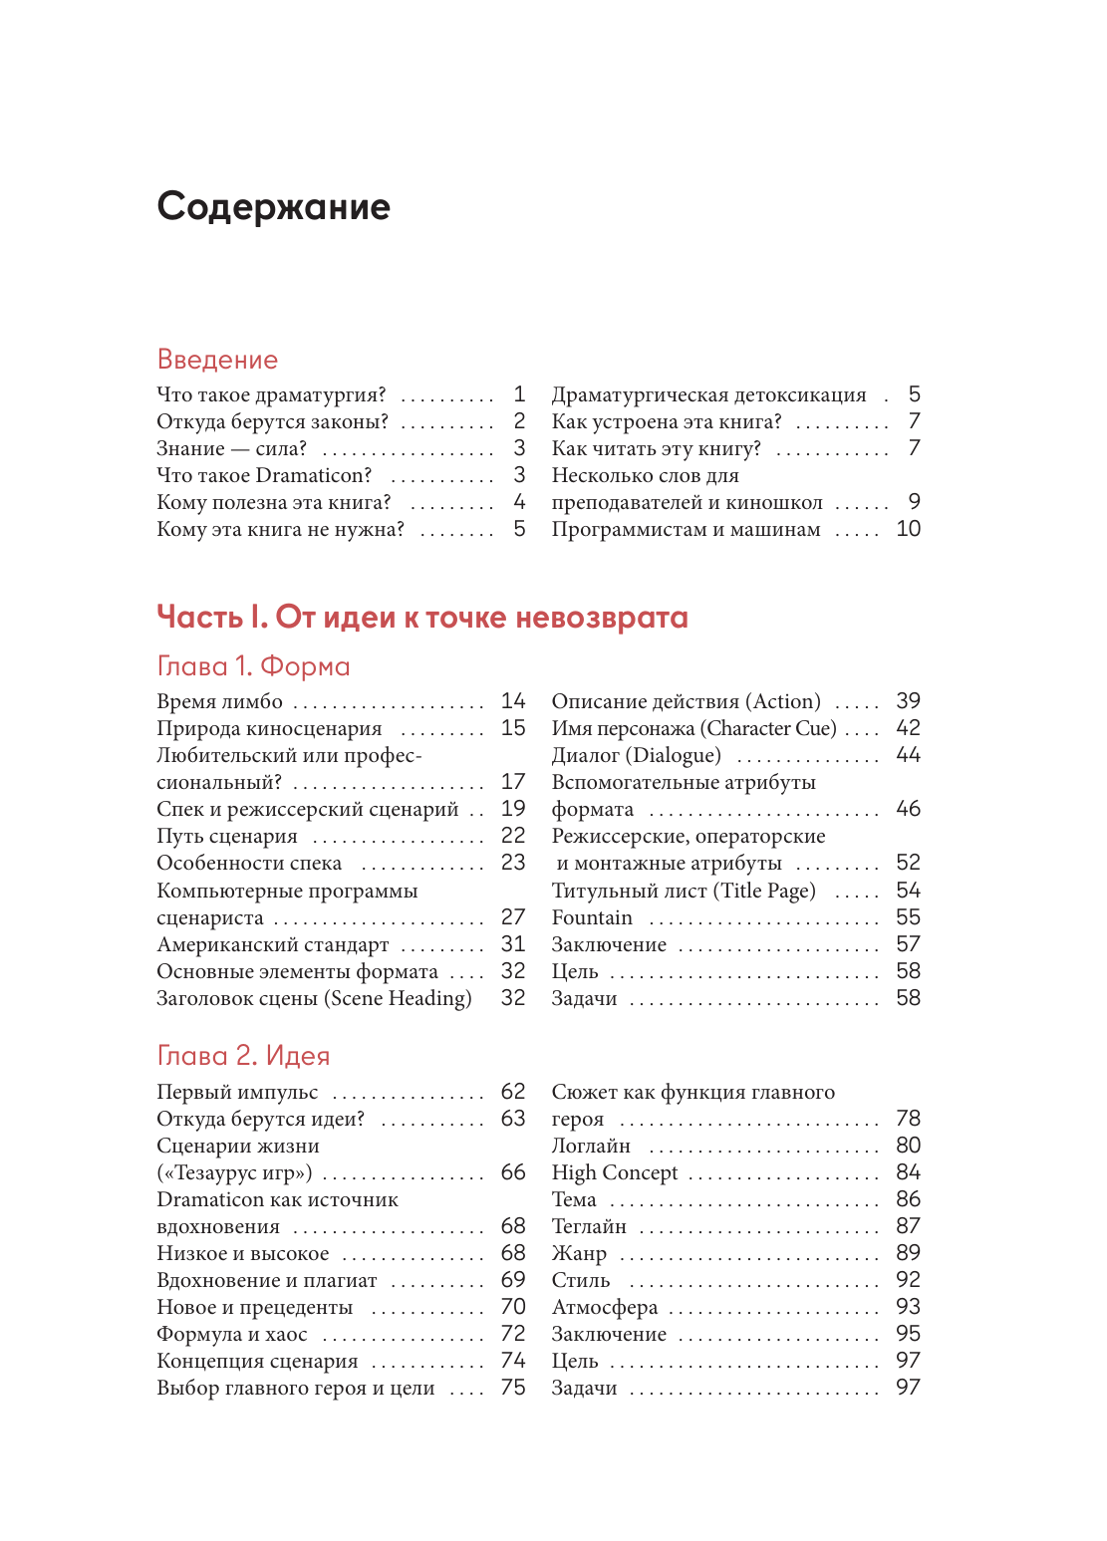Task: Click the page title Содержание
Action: click(x=273, y=207)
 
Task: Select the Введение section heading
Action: click(x=217, y=360)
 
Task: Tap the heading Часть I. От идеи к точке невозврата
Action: click(x=422, y=618)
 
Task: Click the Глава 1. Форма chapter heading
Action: click(x=253, y=666)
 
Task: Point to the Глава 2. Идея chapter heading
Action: click(x=243, y=1056)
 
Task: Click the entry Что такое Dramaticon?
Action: click(x=264, y=476)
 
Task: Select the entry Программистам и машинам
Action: click(x=686, y=530)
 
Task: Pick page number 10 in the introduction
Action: click(x=908, y=529)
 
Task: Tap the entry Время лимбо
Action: click(x=219, y=702)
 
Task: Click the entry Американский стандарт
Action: click(x=272, y=945)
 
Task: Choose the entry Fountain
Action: click(x=592, y=918)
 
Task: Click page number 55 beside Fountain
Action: click(x=908, y=917)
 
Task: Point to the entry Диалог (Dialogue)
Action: click(x=636, y=756)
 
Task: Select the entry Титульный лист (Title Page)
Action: click(x=684, y=892)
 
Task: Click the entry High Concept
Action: click(x=614, y=1173)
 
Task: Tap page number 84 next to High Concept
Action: click(x=908, y=1172)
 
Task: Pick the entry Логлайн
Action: click(x=591, y=1147)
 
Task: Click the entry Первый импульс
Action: click(x=237, y=1093)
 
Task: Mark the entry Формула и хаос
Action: click(x=231, y=1335)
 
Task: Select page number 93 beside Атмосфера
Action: click(x=908, y=1307)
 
